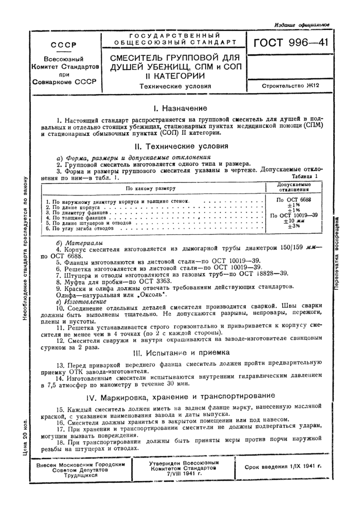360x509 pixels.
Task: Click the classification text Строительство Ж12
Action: (290, 86)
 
